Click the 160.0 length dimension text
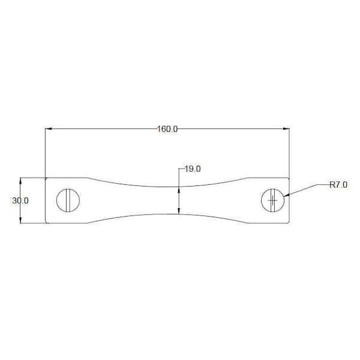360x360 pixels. pos(167,129)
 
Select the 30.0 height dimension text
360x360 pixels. pos(20,200)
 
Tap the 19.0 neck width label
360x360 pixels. pos(193,169)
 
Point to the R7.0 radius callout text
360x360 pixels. pos(338,185)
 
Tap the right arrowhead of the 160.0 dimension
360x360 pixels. pos(286,129)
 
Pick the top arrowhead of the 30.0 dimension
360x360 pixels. pos(20,181)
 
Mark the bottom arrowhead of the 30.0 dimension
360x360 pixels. pos(20,220)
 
